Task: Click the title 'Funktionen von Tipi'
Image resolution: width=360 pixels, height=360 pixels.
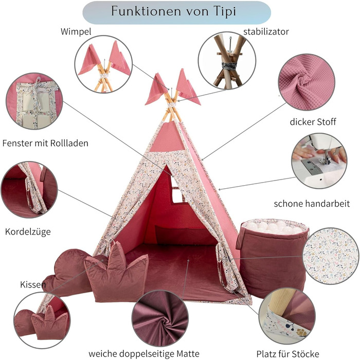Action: pyautogui.click(x=176, y=12)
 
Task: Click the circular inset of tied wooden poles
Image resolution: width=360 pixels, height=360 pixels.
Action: pyautogui.click(x=224, y=61)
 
